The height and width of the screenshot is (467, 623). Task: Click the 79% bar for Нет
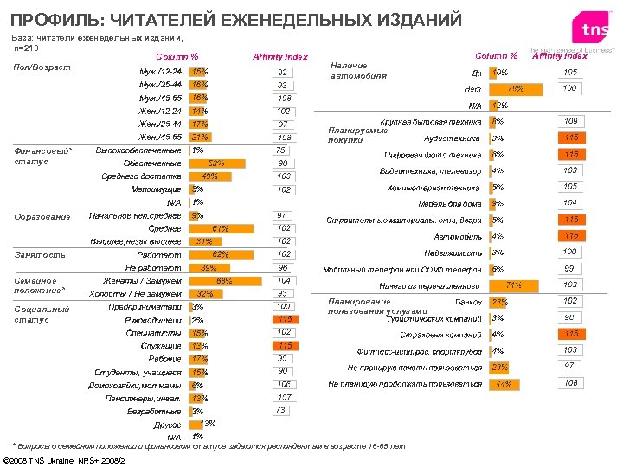(517, 88)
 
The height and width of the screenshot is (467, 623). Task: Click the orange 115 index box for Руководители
(282, 320)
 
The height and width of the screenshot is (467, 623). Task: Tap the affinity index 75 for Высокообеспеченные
(282, 150)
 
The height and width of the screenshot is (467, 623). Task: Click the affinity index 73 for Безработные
(282, 411)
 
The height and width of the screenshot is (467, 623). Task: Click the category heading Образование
(42, 216)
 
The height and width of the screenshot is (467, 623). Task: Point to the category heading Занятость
(40, 255)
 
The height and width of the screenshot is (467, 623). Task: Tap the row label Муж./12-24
(160, 71)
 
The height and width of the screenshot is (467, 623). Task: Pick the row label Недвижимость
(453, 253)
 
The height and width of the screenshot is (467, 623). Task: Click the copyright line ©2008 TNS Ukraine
(65, 459)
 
